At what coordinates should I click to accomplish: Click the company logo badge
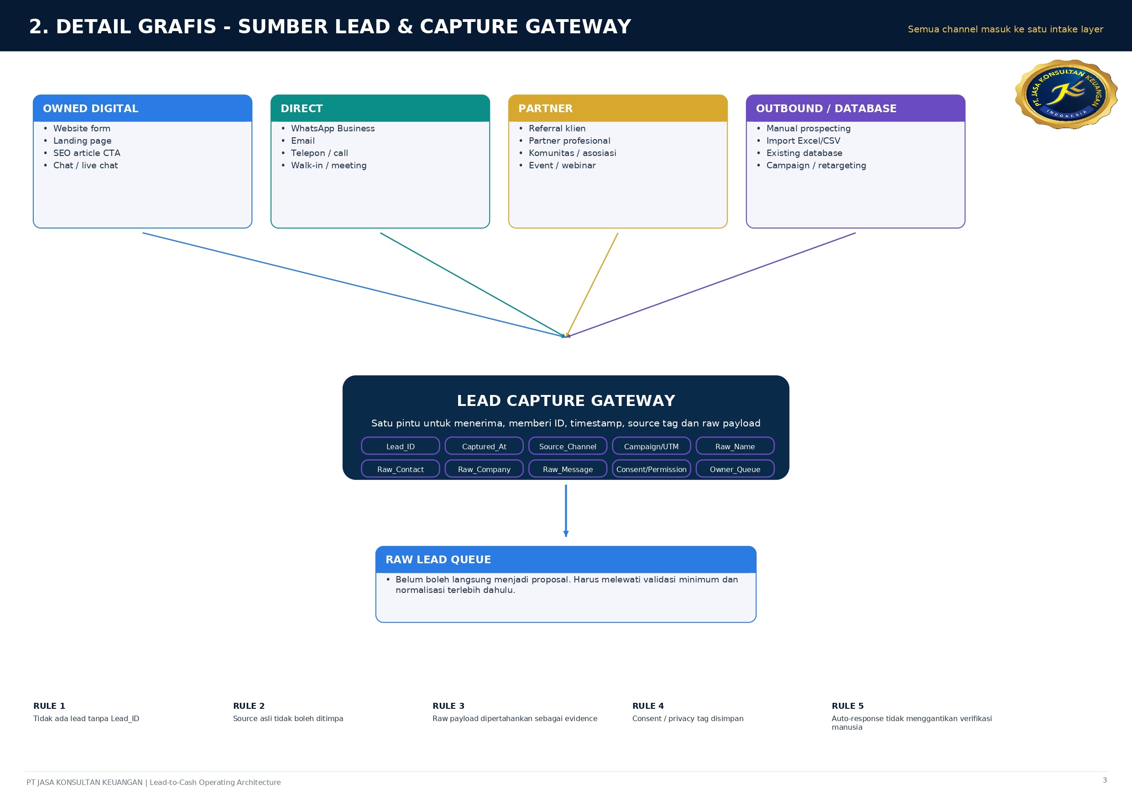click(1066, 94)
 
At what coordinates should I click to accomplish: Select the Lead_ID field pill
click(400, 446)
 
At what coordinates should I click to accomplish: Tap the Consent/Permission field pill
click(651, 469)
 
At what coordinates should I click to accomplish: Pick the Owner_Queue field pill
click(735, 469)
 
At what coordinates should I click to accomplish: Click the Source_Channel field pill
click(568, 446)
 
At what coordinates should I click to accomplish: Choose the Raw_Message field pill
click(568, 469)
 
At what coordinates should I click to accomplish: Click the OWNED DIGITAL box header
click(142, 108)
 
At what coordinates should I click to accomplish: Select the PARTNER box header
click(618, 108)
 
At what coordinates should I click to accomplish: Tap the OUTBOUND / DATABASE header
click(856, 108)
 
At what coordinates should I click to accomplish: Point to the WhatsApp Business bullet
click(333, 128)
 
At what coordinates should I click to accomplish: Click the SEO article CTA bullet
click(87, 153)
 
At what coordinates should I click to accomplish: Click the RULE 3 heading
click(448, 706)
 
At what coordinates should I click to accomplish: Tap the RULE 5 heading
click(848, 706)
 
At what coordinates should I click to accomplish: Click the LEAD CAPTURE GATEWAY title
click(566, 400)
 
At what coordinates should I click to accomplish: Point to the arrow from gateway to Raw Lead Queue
click(566, 510)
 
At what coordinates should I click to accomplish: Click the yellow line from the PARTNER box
click(592, 285)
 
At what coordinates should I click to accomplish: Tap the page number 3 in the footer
click(1104, 780)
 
